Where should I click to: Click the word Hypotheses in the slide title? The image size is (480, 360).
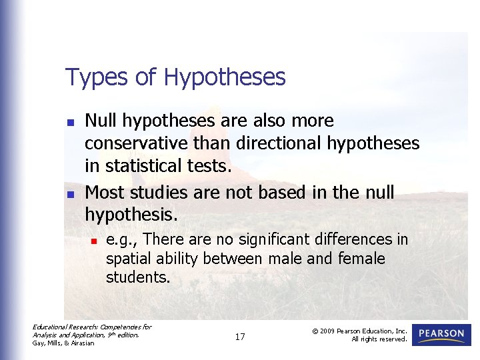(x=224, y=78)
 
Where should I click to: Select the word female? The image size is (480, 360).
(x=363, y=258)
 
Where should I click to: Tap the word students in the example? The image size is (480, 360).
(x=137, y=277)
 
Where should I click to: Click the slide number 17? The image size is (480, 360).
(x=240, y=337)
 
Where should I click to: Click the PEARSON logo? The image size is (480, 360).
(x=441, y=335)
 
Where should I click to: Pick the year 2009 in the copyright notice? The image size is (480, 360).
(x=331, y=331)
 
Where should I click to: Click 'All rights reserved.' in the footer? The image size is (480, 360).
(x=379, y=339)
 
